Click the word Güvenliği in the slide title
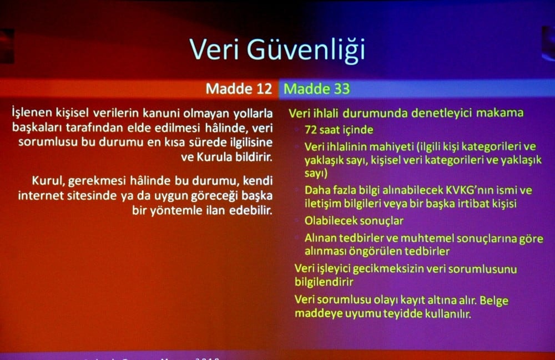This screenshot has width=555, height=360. [306, 49]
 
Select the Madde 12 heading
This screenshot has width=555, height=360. [239, 89]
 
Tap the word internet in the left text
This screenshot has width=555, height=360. [41, 196]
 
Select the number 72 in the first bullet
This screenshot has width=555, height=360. [311, 130]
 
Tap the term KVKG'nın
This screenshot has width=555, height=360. [443, 190]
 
